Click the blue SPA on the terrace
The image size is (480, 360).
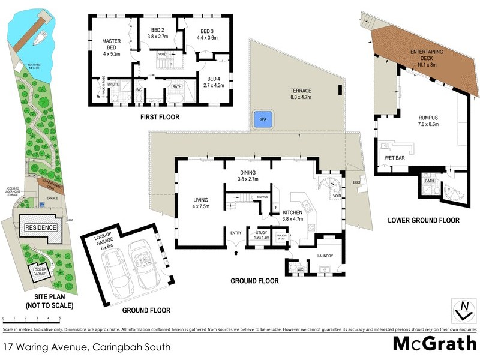coord(262,119)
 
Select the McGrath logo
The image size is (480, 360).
coord(434,344)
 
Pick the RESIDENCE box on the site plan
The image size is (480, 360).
coord(40,227)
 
